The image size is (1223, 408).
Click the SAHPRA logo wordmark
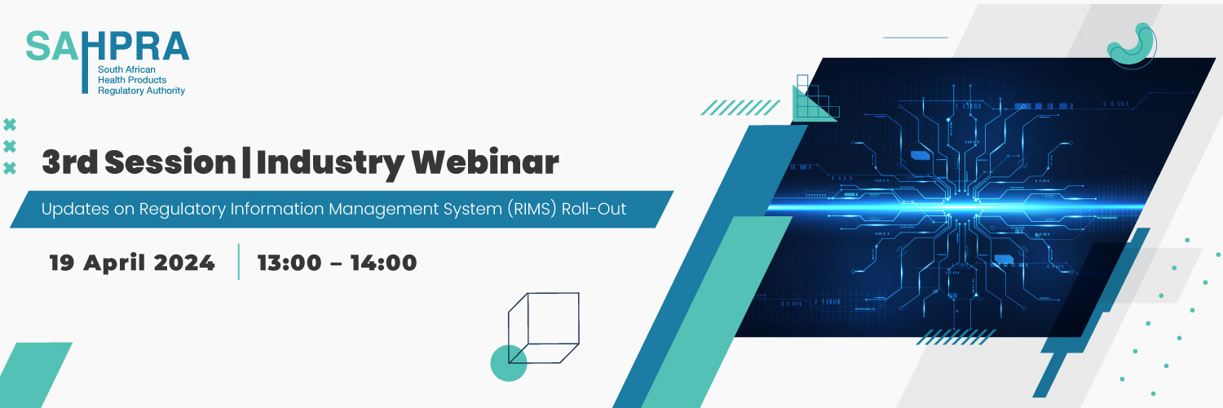coord(108,46)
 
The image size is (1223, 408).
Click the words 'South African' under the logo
coord(126,69)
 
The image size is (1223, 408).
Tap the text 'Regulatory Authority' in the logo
coord(141,91)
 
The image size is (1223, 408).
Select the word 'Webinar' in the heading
coord(485,162)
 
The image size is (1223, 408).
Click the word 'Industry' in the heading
coord(330,163)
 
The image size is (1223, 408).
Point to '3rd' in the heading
coord(70,162)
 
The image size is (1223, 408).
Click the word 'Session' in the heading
coord(170,162)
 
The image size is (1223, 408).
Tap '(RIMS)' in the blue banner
coord(532,209)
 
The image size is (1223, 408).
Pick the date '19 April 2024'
coord(132,263)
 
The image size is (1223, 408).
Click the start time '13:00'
coord(289,263)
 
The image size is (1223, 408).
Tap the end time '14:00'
coord(383,263)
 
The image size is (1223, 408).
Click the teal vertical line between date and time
coord(239,262)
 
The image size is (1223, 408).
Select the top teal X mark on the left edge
coord(10,125)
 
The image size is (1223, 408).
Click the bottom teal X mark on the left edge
coord(10,168)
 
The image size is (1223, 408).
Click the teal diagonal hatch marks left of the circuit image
coord(740,108)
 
